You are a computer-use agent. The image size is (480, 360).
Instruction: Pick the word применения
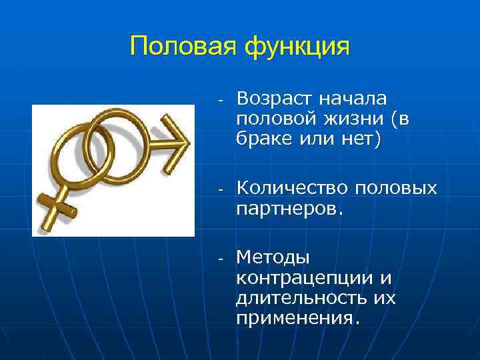click(297, 318)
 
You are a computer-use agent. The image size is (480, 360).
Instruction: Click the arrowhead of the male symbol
click(176, 141)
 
